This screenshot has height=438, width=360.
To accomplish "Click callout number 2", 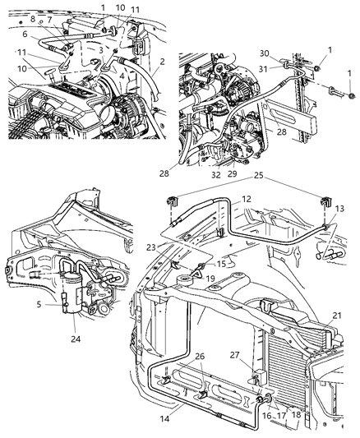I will (163, 61).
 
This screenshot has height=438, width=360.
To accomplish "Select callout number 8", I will (32, 19).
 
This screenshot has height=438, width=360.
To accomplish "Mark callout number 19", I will (210, 279).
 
